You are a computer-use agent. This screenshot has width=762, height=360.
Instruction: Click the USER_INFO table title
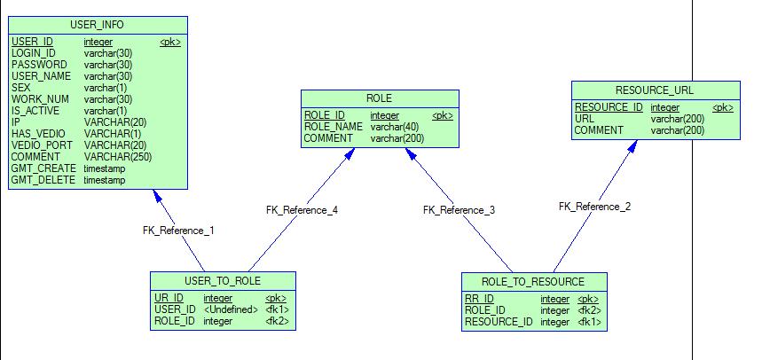(x=98, y=24)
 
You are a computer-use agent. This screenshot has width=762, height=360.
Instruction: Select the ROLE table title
(x=379, y=98)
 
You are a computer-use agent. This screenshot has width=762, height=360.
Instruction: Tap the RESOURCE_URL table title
(x=655, y=90)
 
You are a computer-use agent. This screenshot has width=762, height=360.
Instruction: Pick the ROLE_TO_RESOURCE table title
(x=534, y=282)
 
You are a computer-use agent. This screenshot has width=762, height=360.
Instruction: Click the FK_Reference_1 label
(x=178, y=230)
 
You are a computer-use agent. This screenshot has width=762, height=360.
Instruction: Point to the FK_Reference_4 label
(x=302, y=210)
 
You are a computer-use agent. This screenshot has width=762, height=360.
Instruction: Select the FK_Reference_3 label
(x=459, y=210)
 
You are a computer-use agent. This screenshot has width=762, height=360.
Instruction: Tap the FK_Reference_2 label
(x=594, y=207)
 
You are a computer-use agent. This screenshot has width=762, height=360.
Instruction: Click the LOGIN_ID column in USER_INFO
(x=34, y=53)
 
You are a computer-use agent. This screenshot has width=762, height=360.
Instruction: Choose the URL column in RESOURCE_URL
(x=585, y=119)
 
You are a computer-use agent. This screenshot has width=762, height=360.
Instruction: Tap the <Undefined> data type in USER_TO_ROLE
(x=231, y=309)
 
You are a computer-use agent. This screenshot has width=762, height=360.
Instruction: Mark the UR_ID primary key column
(x=169, y=298)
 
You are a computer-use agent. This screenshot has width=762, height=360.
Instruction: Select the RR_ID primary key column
(x=479, y=299)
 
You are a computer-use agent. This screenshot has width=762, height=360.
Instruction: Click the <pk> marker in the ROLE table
(x=442, y=115)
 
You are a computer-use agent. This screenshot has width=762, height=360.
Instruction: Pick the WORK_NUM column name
(x=40, y=99)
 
